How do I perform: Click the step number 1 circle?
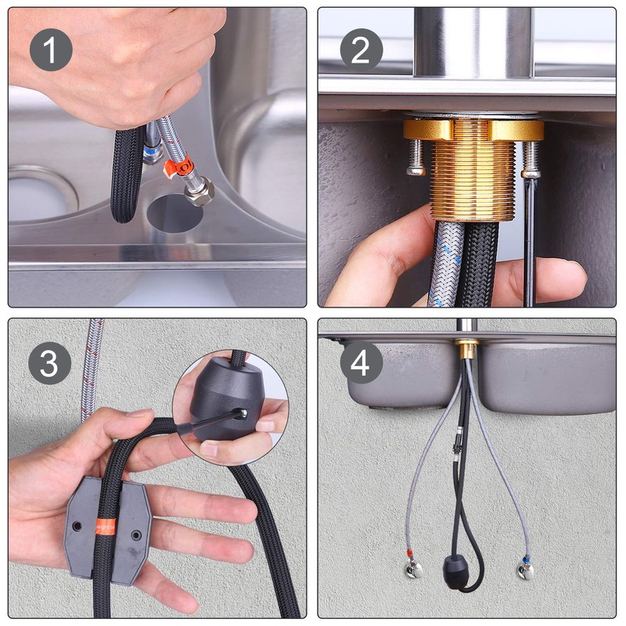pos(51,49)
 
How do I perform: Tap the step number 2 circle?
pos(361,49)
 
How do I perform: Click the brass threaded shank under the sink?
pos(473,180)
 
